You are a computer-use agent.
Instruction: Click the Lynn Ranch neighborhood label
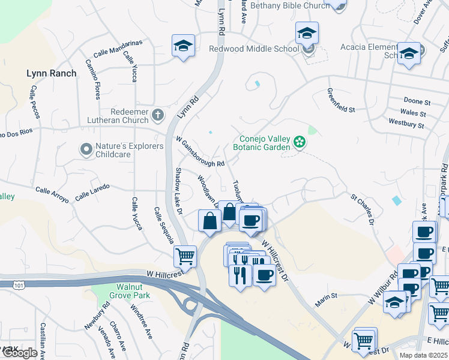[52, 73]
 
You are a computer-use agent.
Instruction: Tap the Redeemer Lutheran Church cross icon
[158, 114]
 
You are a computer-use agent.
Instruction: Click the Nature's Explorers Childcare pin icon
[86, 148]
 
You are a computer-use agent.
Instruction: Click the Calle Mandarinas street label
[118, 43]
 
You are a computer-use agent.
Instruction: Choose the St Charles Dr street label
[363, 208]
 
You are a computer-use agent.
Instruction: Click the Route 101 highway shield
[18, 286]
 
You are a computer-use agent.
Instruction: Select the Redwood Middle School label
[253, 49]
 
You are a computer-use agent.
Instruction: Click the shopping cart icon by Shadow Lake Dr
[185, 256]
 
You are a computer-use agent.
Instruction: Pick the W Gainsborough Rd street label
[200, 151]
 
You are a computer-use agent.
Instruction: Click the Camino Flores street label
[97, 79]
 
